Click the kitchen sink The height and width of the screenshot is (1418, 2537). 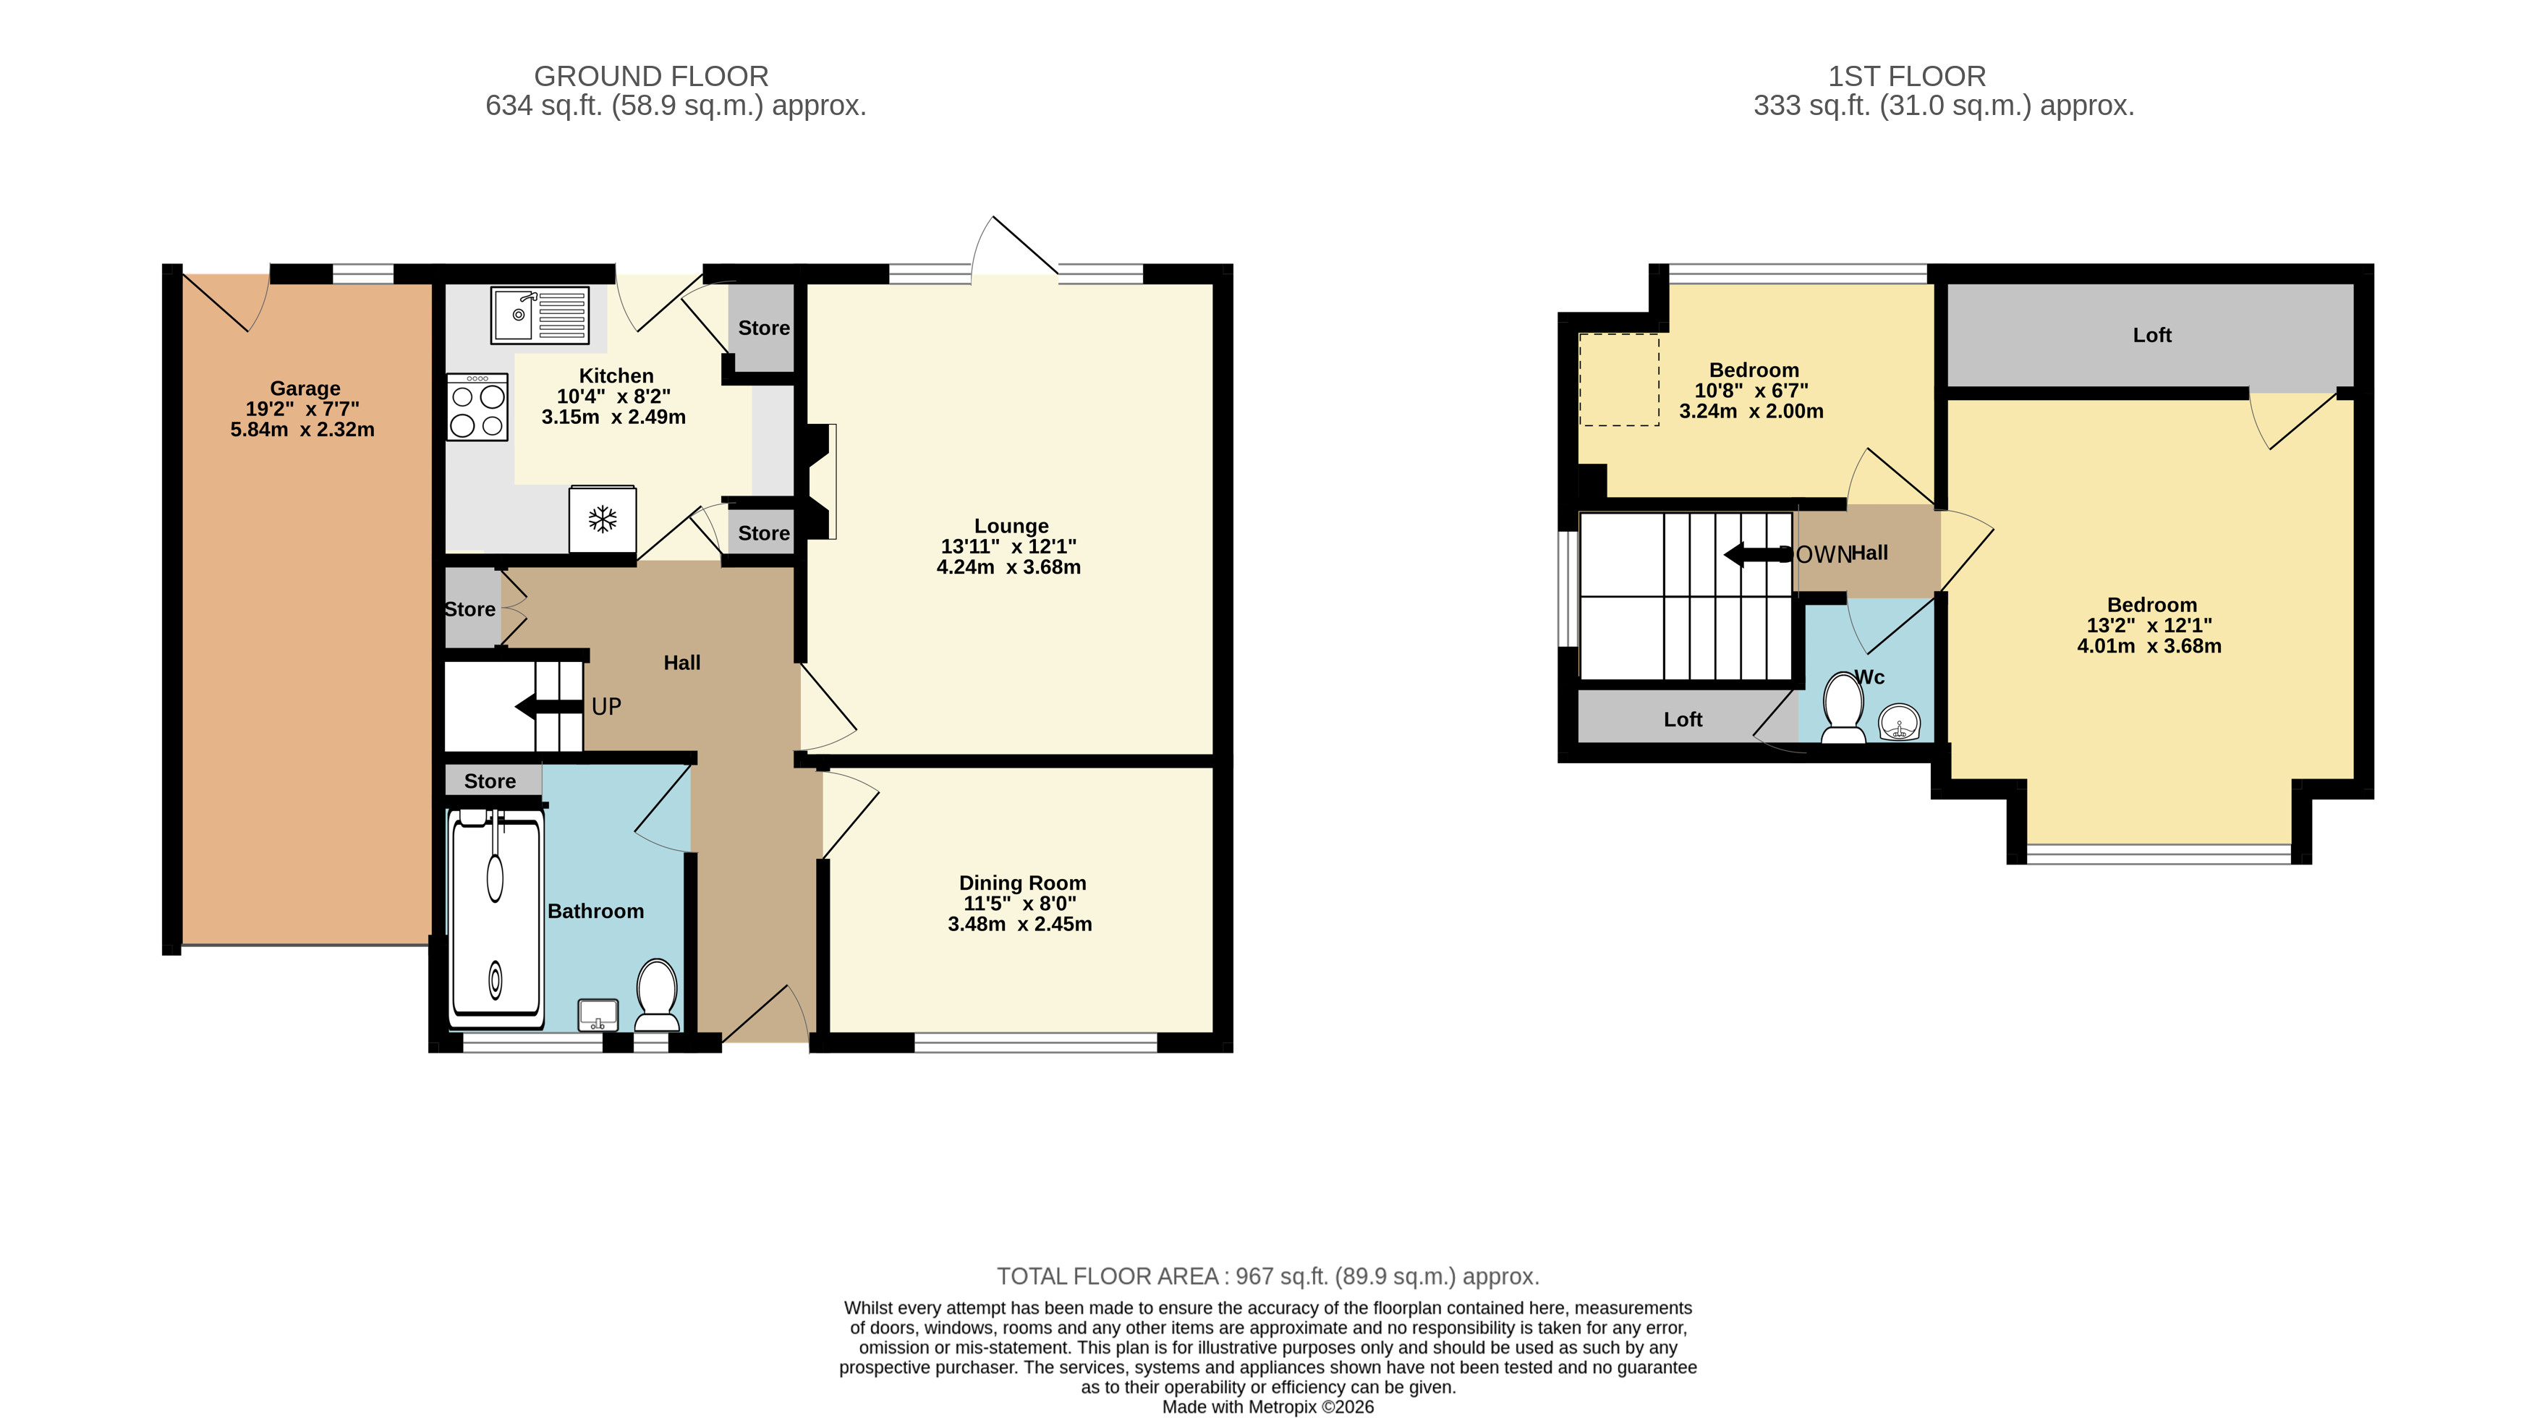(x=540, y=315)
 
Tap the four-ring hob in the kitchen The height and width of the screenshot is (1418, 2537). (x=477, y=407)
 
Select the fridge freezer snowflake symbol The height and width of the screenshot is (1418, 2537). (x=602, y=519)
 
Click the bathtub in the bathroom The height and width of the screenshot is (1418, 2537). (x=496, y=919)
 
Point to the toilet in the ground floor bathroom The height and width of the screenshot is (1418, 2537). (x=657, y=995)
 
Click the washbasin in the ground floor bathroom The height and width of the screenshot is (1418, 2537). (x=598, y=1014)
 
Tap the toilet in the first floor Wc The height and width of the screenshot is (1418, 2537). (x=1843, y=707)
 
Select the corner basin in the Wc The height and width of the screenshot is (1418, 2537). (x=1899, y=723)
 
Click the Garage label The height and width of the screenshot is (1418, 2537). (x=305, y=388)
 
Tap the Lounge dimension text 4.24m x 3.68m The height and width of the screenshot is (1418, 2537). (x=1008, y=567)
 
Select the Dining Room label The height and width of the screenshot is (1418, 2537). (x=1022, y=883)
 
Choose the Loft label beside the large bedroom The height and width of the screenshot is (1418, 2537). (x=2152, y=335)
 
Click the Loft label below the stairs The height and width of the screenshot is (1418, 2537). (x=1683, y=720)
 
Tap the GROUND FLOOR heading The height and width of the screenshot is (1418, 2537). (x=651, y=76)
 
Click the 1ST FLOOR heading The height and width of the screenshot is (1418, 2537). (x=1907, y=76)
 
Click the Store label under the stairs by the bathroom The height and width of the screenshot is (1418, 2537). (x=490, y=781)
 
